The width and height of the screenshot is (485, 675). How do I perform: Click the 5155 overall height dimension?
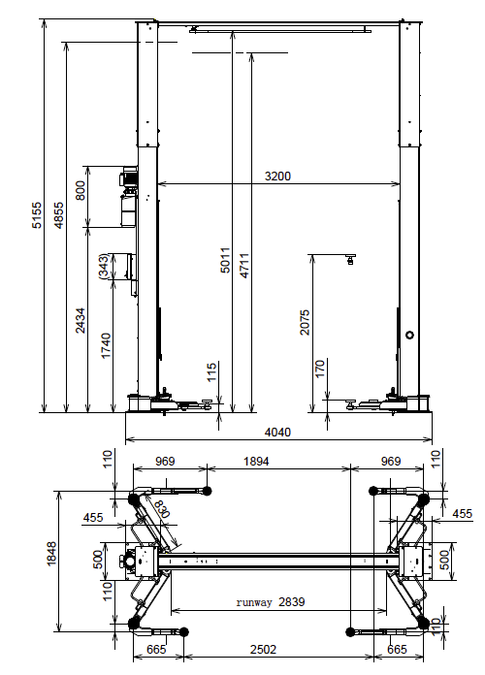tap(38, 214)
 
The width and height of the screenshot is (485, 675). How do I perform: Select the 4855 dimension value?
tap(58, 214)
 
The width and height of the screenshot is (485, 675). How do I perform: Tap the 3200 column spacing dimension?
tap(277, 177)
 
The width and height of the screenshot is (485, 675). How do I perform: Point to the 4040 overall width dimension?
tap(277, 432)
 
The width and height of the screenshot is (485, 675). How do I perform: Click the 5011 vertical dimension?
tap(225, 260)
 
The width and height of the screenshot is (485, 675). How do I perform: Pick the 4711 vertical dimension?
tap(243, 266)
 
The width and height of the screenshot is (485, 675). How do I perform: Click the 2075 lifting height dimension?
tap(305, 322)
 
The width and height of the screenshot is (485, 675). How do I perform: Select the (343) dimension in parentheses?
tap(104, 267)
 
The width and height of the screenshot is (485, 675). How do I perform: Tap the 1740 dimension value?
tap(106, 345)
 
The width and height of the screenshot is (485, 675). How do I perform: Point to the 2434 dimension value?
tap(81, 320)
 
